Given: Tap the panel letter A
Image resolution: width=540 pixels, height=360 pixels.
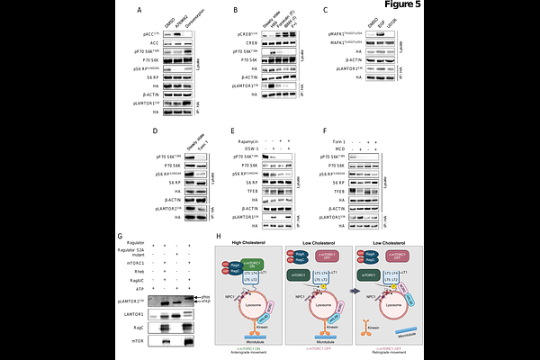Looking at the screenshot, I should click(139, 11).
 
